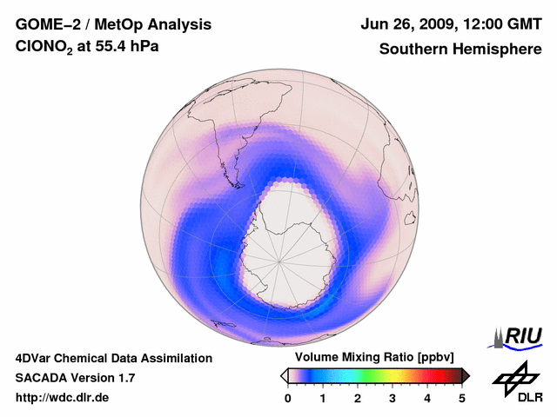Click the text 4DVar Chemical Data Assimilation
coord(113,358)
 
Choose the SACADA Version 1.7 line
coord(75,378)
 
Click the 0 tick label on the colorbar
coord(288,398)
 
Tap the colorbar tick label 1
coord(323,398)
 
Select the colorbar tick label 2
coord(358,398)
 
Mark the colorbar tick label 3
coord(393,398)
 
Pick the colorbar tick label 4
coord(427,398)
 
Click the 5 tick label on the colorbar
coord(462,398)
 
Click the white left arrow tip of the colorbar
coord(284,375)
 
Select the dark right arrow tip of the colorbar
coord(466,375)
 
